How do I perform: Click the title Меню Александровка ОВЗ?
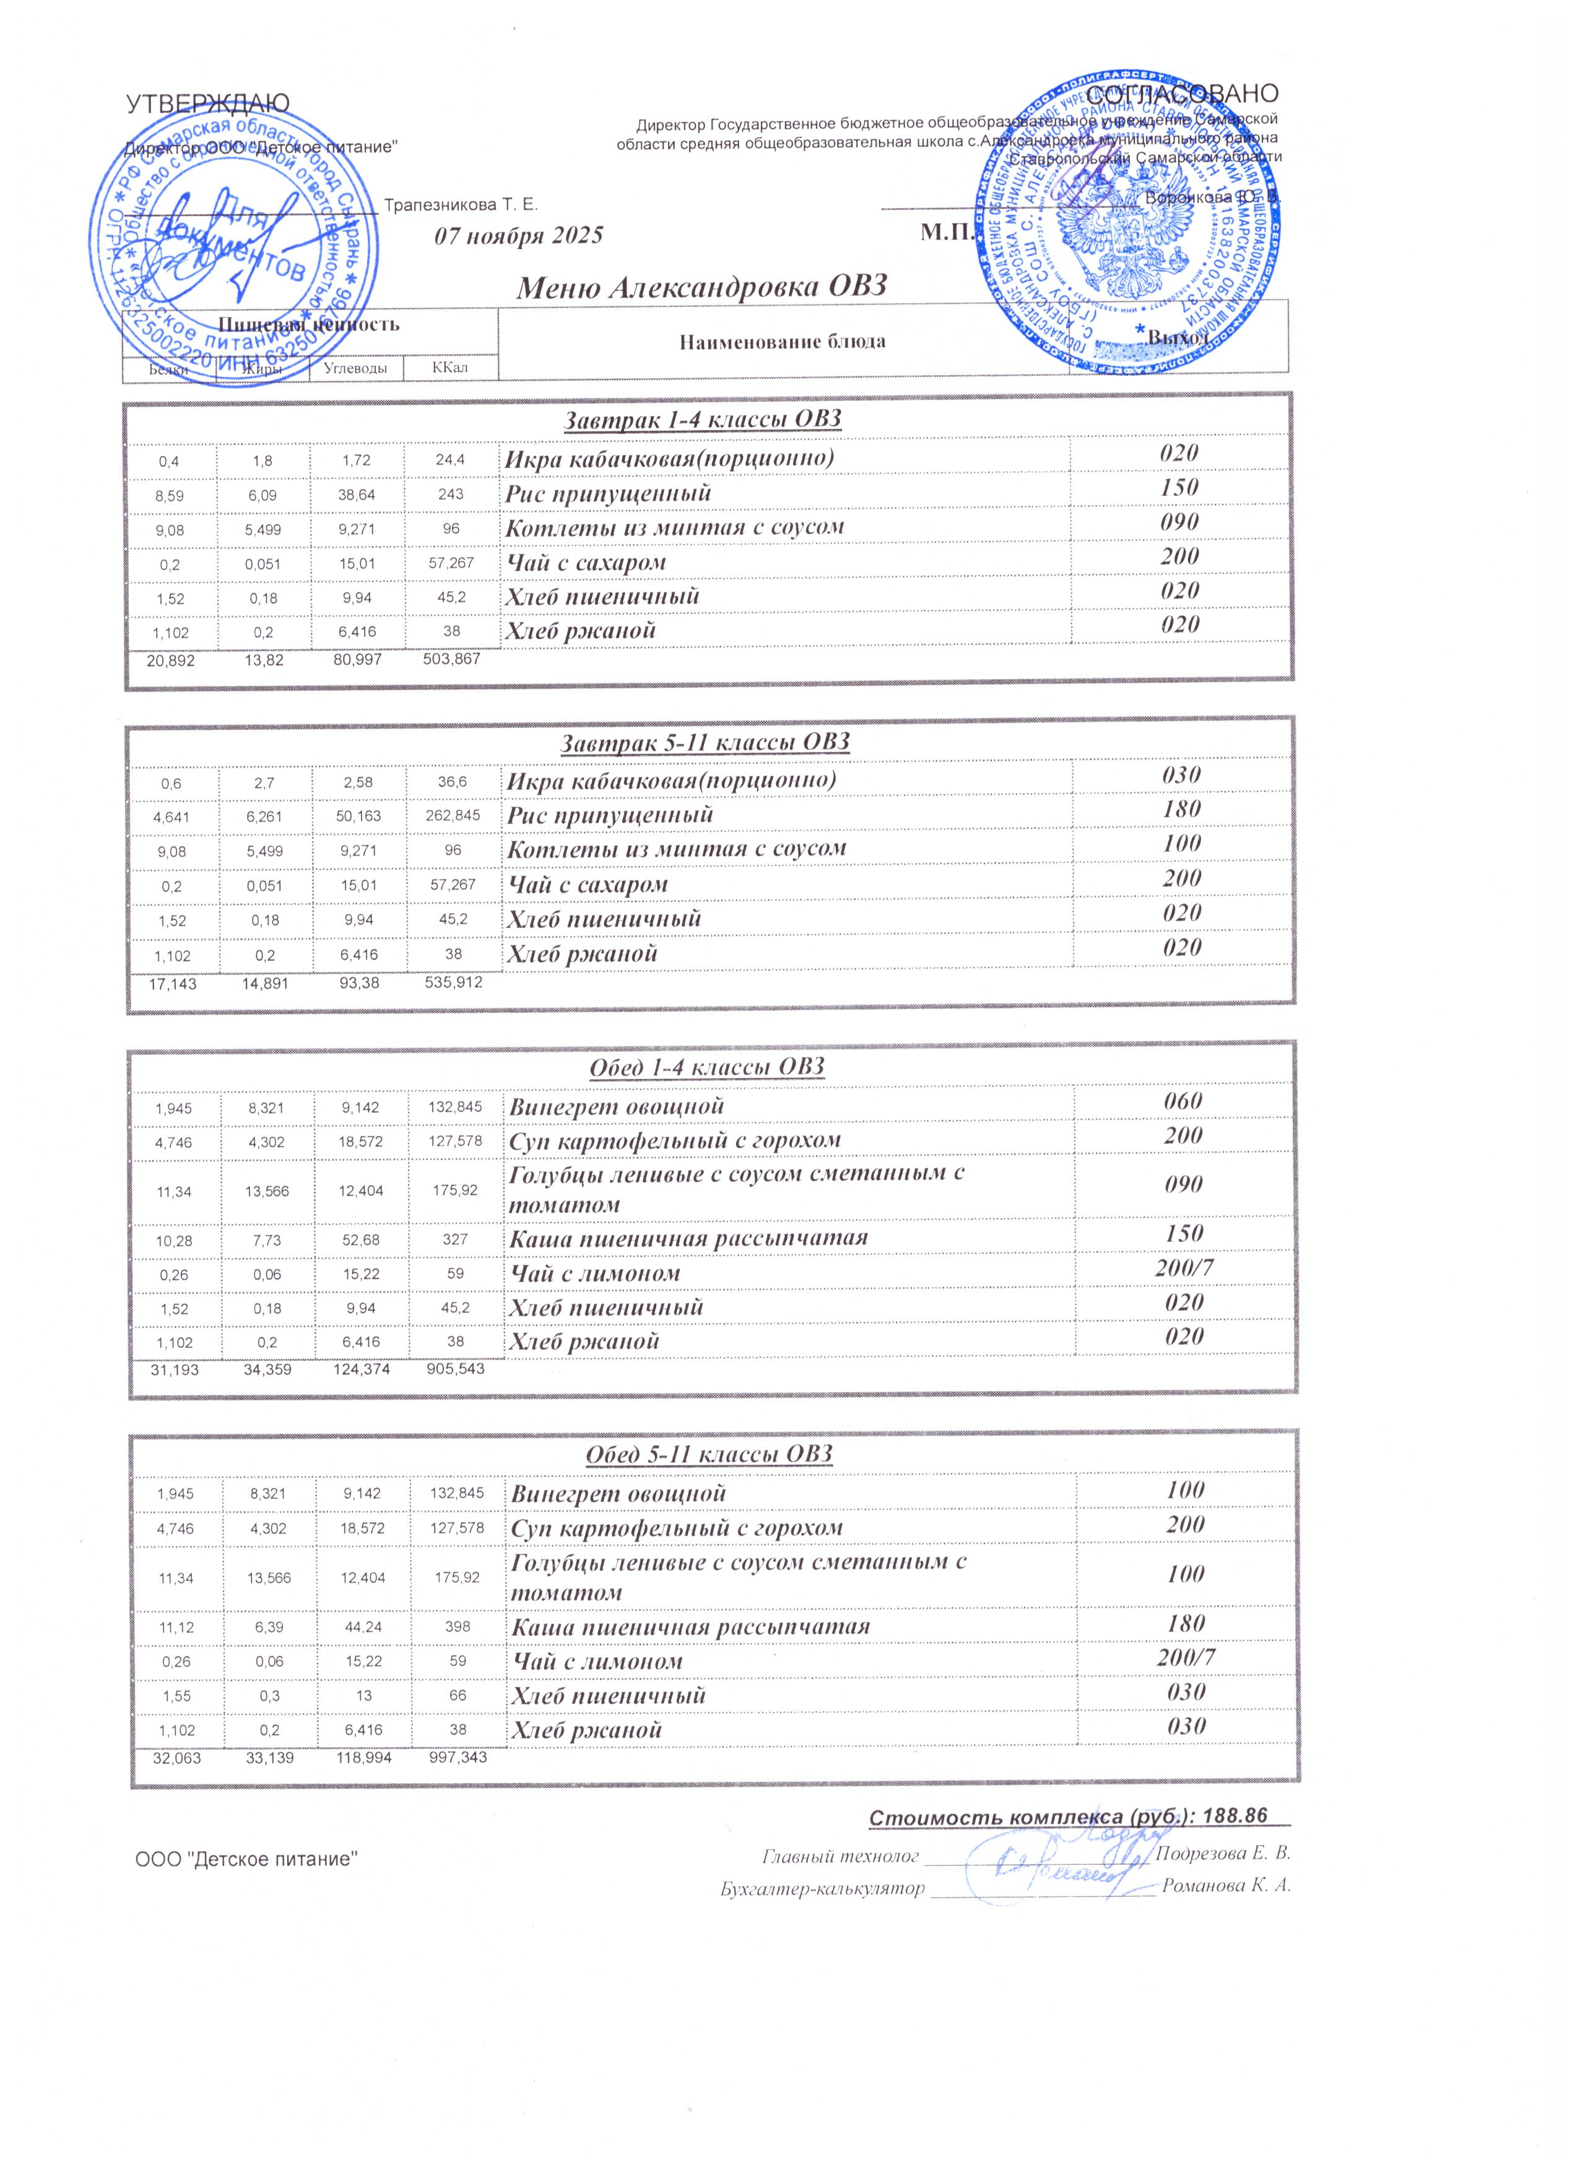tap(702, 287)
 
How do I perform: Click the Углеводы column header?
tap(355, 368)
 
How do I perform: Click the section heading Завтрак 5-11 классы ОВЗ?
tap(706, 742)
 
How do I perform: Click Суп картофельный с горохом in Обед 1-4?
tap(675, 1140)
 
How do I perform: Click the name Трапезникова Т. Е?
tap(460, 205)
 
